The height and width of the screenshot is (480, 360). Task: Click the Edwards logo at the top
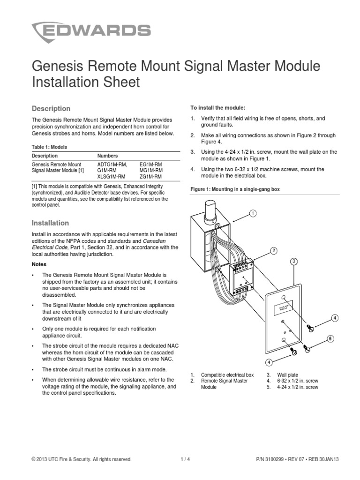click(91, 32)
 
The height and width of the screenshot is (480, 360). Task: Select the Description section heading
click(51, 109)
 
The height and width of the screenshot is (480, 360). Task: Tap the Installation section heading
click(50, 223)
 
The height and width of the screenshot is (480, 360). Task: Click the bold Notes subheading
click(39, 264)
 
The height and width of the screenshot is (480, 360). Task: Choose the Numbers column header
click(107, 156)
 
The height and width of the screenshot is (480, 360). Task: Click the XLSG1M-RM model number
click(111, 178)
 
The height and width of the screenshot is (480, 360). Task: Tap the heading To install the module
click(217, 107)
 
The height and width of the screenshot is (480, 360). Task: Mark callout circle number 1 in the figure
click(253, 213)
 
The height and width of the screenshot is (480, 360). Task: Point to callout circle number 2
click(273, 251)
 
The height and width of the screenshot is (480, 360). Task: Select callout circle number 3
click(294, 261)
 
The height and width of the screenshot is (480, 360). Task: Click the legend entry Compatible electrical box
click(227, 375)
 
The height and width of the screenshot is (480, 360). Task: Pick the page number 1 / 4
click(185, 460)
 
